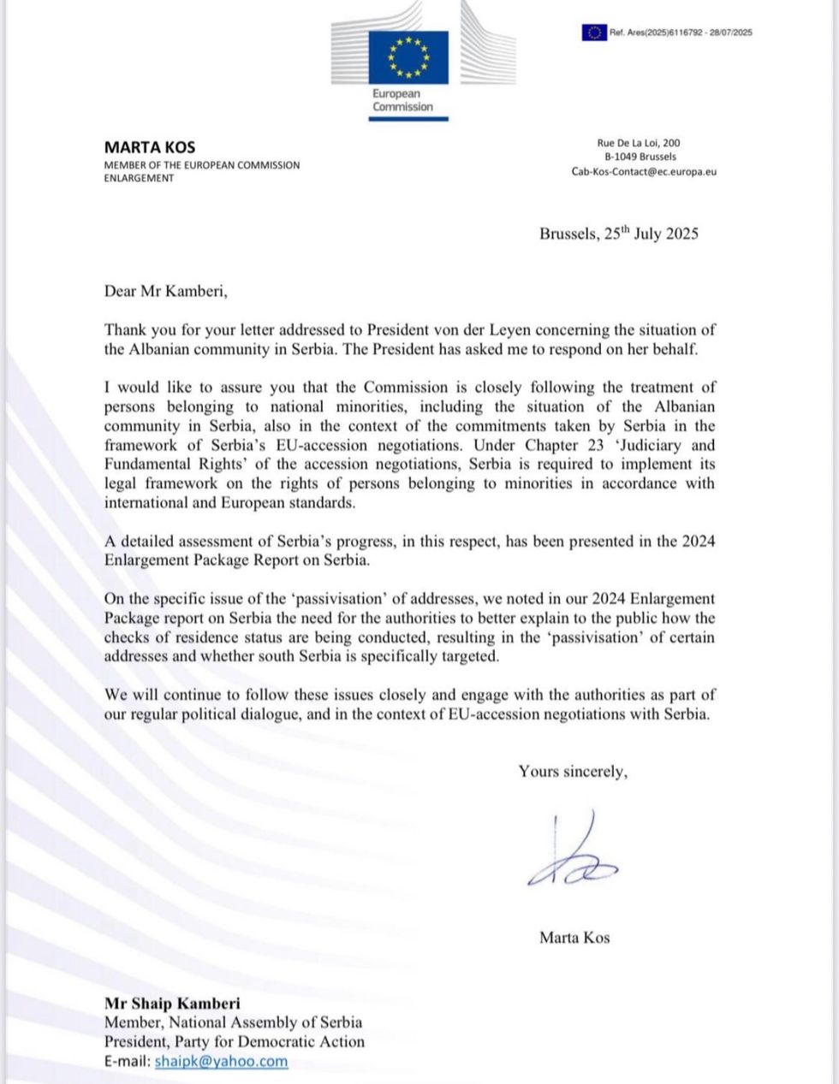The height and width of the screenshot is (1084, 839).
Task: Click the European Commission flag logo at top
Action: [408, 56]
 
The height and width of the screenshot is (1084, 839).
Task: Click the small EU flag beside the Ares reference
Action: [593, 33]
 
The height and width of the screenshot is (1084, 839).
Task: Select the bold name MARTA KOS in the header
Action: [149, 146]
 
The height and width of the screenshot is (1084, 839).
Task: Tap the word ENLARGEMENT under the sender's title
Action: [139, 178]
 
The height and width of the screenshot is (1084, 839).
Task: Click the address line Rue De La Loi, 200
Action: [638, 143]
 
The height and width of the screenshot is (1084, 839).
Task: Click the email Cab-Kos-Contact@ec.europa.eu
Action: [644, 171]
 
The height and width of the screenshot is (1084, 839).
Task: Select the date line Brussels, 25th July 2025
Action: [618, 234]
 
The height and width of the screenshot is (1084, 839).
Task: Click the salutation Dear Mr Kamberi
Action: [166, 291]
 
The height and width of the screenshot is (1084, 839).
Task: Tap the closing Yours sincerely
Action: [572, 772]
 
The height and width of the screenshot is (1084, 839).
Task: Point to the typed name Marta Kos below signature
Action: [574, 938]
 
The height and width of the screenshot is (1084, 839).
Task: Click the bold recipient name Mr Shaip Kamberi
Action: [172, 1003]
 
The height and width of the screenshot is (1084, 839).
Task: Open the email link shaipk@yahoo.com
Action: [221, 1062]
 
